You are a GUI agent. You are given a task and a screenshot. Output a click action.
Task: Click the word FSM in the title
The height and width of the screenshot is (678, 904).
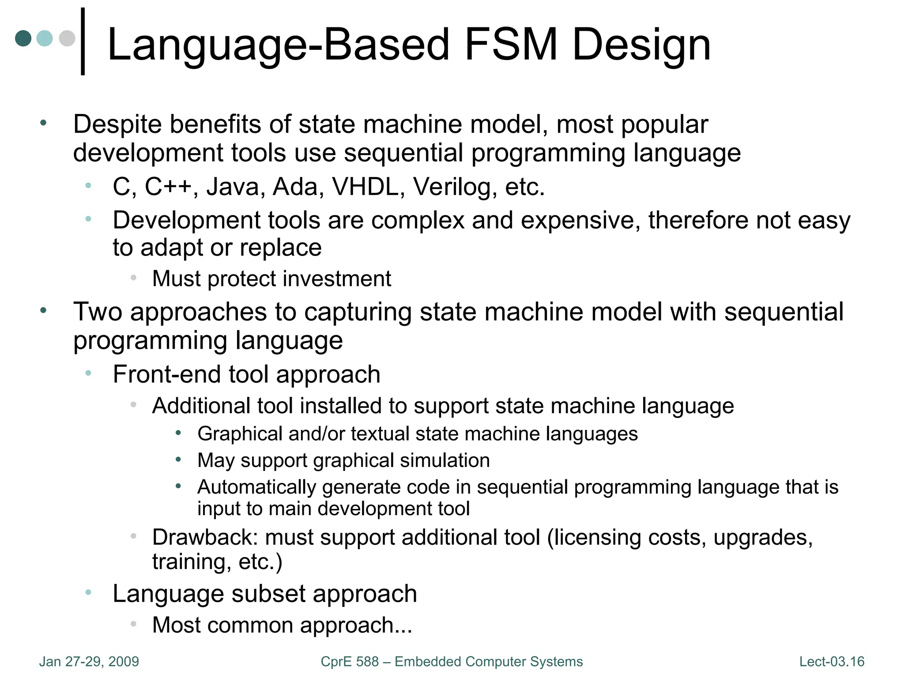coord(512,44)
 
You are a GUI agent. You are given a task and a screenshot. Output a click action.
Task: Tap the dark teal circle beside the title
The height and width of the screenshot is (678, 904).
coord(23,38)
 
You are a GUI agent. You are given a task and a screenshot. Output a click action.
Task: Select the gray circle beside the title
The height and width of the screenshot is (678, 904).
coord(67,38)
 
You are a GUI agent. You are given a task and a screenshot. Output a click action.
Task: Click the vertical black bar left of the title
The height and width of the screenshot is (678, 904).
coord(83,41)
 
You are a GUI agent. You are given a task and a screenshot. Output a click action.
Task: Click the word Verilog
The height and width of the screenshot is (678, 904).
coord(452,188)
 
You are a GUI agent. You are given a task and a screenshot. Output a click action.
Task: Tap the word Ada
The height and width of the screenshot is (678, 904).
coord(295,187)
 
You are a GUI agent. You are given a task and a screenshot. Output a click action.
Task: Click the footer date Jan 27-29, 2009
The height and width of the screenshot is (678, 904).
coord(89,662)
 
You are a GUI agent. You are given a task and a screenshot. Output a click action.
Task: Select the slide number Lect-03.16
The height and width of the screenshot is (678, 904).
coord(832,662)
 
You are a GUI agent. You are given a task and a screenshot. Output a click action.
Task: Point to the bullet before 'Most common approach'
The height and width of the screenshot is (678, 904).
coord(133,624)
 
